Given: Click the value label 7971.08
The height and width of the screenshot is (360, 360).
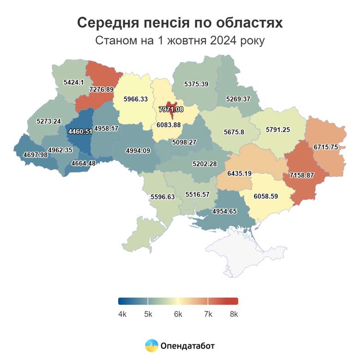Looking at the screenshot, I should (x=171, y=109).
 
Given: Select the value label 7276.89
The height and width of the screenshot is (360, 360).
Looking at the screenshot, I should (x=102, y=89).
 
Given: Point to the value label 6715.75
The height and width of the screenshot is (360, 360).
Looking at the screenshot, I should (x=326, y=147).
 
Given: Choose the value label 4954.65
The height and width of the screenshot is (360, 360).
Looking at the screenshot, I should (x=224, y=211).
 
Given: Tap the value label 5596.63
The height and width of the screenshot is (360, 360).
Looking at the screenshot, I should (x=163, y=197).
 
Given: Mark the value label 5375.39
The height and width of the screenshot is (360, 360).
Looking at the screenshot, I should (x=196, y=84).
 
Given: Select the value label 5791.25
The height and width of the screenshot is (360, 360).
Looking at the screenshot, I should (x=278, y=130).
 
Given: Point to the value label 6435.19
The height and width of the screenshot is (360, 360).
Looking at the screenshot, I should (x=240, y=174).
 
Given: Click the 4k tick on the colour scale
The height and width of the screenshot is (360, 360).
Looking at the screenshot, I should (x=122, y=314).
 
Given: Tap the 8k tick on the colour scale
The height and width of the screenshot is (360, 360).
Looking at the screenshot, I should (x=234, y=314).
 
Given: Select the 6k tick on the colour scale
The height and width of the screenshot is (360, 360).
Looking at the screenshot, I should (x=178, y=314).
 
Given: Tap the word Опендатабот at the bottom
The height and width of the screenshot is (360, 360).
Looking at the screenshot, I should (x=188, y=345).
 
